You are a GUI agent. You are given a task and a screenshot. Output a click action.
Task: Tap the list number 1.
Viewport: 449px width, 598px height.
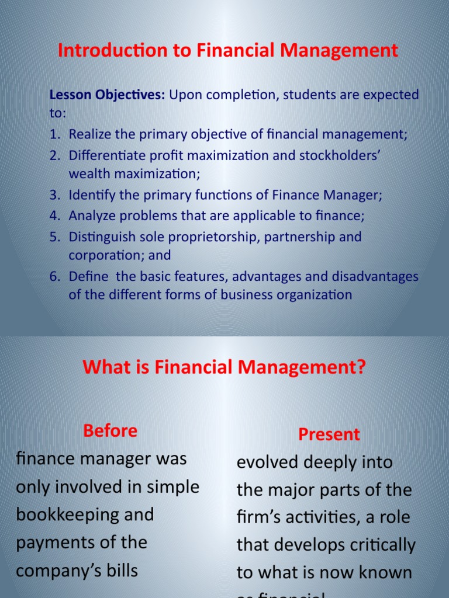[x=54, y=134]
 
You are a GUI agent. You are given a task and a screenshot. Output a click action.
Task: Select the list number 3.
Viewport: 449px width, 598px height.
[x=54, y=195]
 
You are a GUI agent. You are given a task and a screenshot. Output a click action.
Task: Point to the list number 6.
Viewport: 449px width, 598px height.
[x=54, y=276]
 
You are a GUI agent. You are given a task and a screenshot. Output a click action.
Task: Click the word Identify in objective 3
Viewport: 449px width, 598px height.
[x=89, y=195]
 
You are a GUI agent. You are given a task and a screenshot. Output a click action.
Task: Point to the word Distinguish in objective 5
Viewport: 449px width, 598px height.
[x=102, y=237]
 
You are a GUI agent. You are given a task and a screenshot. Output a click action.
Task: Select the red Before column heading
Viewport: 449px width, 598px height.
[x=110, y=431]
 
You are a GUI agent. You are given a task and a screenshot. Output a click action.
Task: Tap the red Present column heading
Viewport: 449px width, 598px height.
[x=329, y=434]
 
